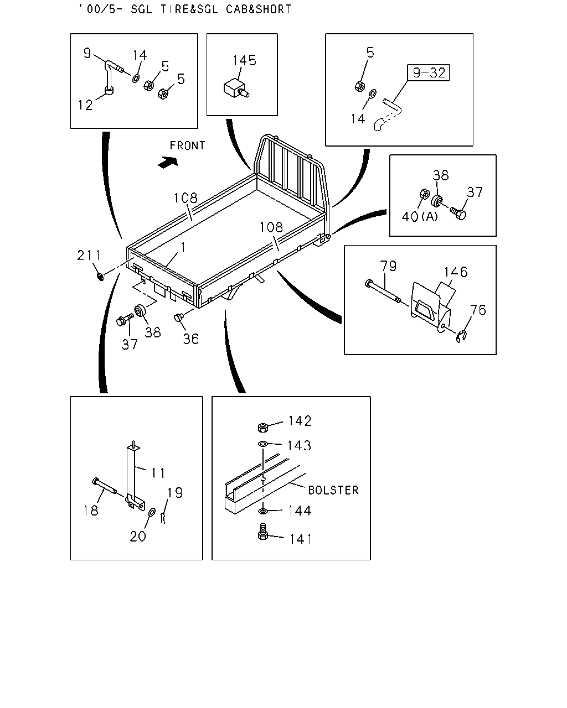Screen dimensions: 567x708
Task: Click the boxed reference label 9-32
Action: (x=428, y=72)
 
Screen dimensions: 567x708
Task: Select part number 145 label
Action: (x=244, y=60)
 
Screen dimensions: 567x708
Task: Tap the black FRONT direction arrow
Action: (x=168, y=162)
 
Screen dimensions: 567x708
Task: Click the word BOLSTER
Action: (x=333, y=490)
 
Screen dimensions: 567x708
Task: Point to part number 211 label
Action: (x=89, y=256)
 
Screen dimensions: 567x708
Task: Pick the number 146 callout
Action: (x=456, y=272)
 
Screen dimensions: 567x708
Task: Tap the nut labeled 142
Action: (x=263, y=428)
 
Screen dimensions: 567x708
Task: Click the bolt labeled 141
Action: (x=262, y=532)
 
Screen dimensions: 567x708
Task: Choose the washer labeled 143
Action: (x=262, y=444)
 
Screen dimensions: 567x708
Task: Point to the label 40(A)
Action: (x=420, y=217)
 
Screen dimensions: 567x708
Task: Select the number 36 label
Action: (x=191, y=339)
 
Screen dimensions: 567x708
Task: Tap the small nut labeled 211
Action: (x=100, y=277)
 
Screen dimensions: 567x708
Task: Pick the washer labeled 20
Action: (x=152, y=512)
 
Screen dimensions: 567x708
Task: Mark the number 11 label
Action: (x=158, y=473)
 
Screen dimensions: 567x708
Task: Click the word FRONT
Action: (x=187, y=145)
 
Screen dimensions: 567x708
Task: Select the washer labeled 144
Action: (x=262, y=511)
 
